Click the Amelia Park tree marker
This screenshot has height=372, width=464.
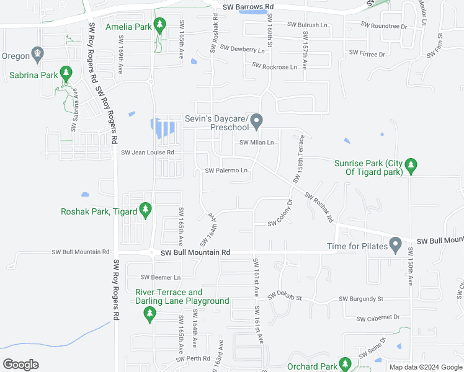[x=160, y=25]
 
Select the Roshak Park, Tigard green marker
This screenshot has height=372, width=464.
[x=146, y=210]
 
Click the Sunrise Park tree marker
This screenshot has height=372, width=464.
[x=410, y=166]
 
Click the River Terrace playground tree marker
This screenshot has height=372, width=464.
[x=149, y=314]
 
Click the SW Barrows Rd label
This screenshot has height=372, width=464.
[x=248, y=7]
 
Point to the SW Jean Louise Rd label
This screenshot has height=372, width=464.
[x=148, y=153]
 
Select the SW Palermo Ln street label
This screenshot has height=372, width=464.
[x=226, y=170]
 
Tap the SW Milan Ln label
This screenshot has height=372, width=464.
[x=257, y=143]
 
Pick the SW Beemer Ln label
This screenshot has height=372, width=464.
[x=160, y=277]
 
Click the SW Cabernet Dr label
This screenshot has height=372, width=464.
[x=379, y=317]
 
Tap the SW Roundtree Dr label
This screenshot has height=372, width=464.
[x=385, y=27]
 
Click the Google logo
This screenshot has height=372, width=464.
[x=20, y=364]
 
